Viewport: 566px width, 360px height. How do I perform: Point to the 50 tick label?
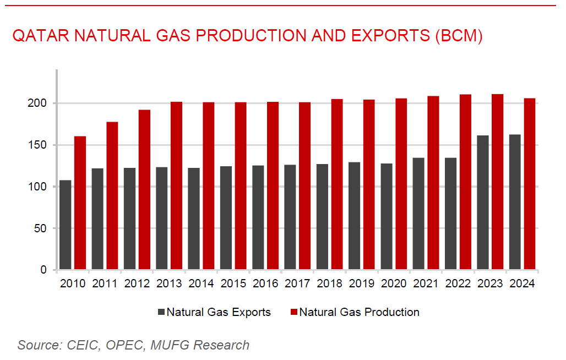point(47,228)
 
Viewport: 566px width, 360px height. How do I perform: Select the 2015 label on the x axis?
point(233,284)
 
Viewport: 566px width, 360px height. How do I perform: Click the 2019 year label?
point(362,284)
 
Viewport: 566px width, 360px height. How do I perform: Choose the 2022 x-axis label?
point(458,284)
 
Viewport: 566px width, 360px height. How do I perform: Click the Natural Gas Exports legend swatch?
point(161,312)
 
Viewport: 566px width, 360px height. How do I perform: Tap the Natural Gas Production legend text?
point(359,312)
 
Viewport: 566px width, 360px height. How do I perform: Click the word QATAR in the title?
point(40,36)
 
